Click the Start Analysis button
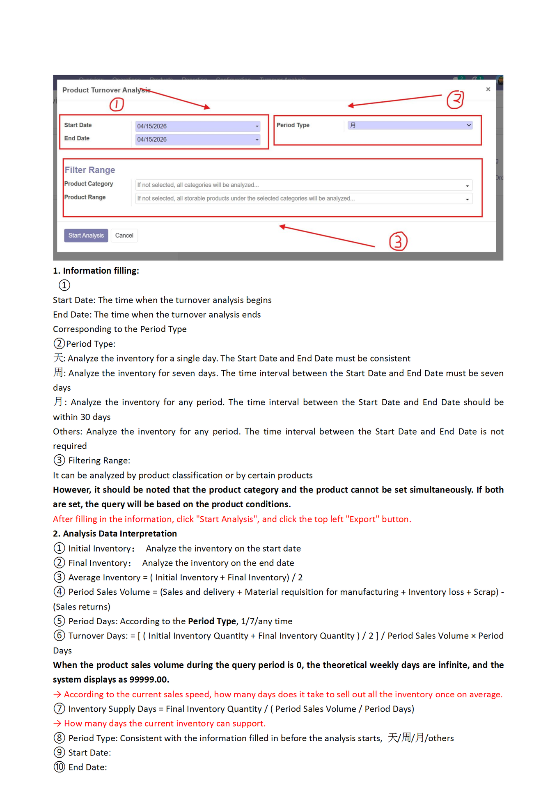pyautogui.click(x=86, y=236)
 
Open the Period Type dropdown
pyautogui.click(x=410, y=125)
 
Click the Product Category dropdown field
pyautogui.click(x=304, y=185)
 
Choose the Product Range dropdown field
pyautogui.click(x=304, y=199)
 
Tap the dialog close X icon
pyautogui.click(x=488, y=89)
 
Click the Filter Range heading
pyautogui.click(x=90, y=170)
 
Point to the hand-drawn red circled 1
pyautogui.click(x=117, y=104)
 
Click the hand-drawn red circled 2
pyautogui.click(x=455, y=99)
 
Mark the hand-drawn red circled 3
pyautogui.click(x=398, y=241)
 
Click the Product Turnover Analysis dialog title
pyautogui.click(x=106, y=90)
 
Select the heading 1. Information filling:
pyautogui.click(x=96, y=271)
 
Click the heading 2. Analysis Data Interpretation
pyautogui.click(x=115, y=534)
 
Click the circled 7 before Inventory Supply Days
pyautogui.click(x=60, y=709)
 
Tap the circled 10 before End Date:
pyautogui.click(x=60, y=767)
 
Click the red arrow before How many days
pyautogui.click(x=57, y=724)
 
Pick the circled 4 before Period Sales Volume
pyautogui.click(x=60, y=592)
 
